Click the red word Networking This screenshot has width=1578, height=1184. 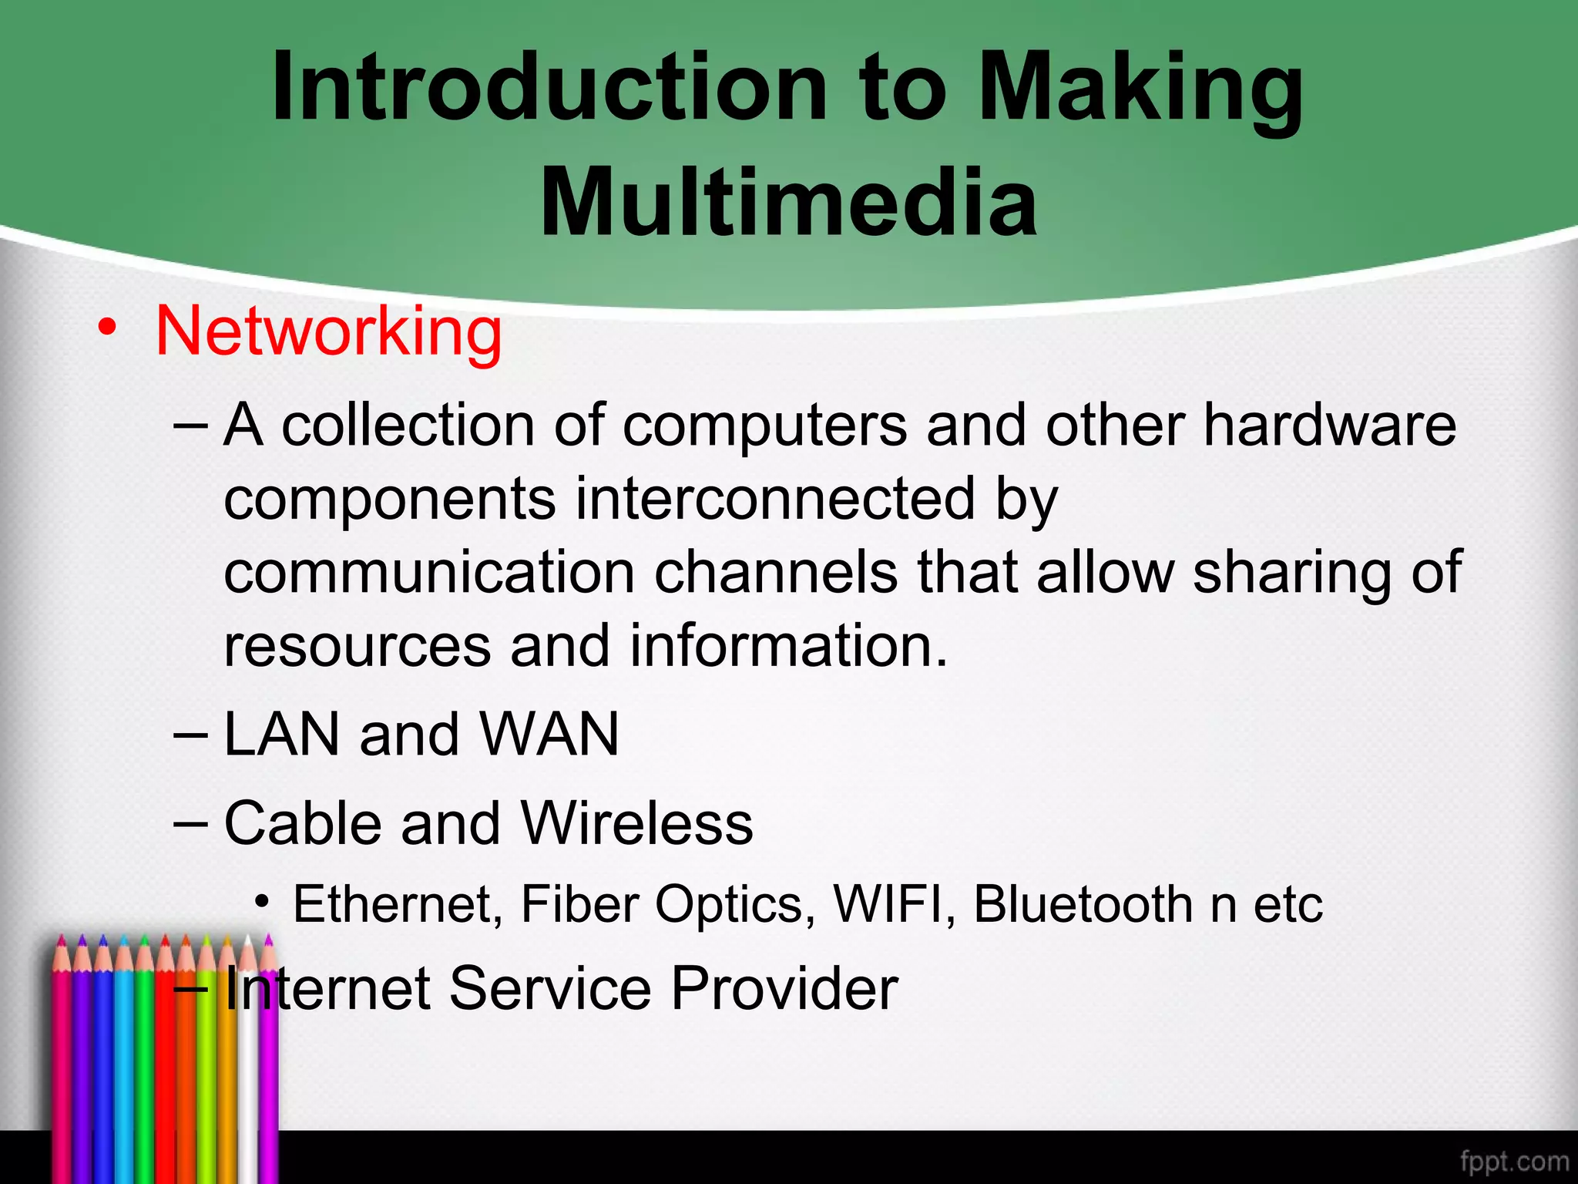coord(329,332)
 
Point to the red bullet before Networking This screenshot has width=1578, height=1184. coord(107,329)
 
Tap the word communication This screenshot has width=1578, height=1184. coord(429,572)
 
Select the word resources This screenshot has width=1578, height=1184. coord(357,646)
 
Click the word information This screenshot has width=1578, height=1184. coord(788,646)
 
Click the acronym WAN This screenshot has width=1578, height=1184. coord(549,734)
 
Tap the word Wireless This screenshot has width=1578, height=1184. coord(636,822)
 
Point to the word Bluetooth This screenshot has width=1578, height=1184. coord(1083,903)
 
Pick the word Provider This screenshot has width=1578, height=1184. coord(784,988)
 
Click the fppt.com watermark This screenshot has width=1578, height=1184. coord(1514,1161)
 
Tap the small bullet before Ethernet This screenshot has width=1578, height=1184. coord(263,901)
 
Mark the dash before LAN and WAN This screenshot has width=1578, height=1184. coord(190,735)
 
